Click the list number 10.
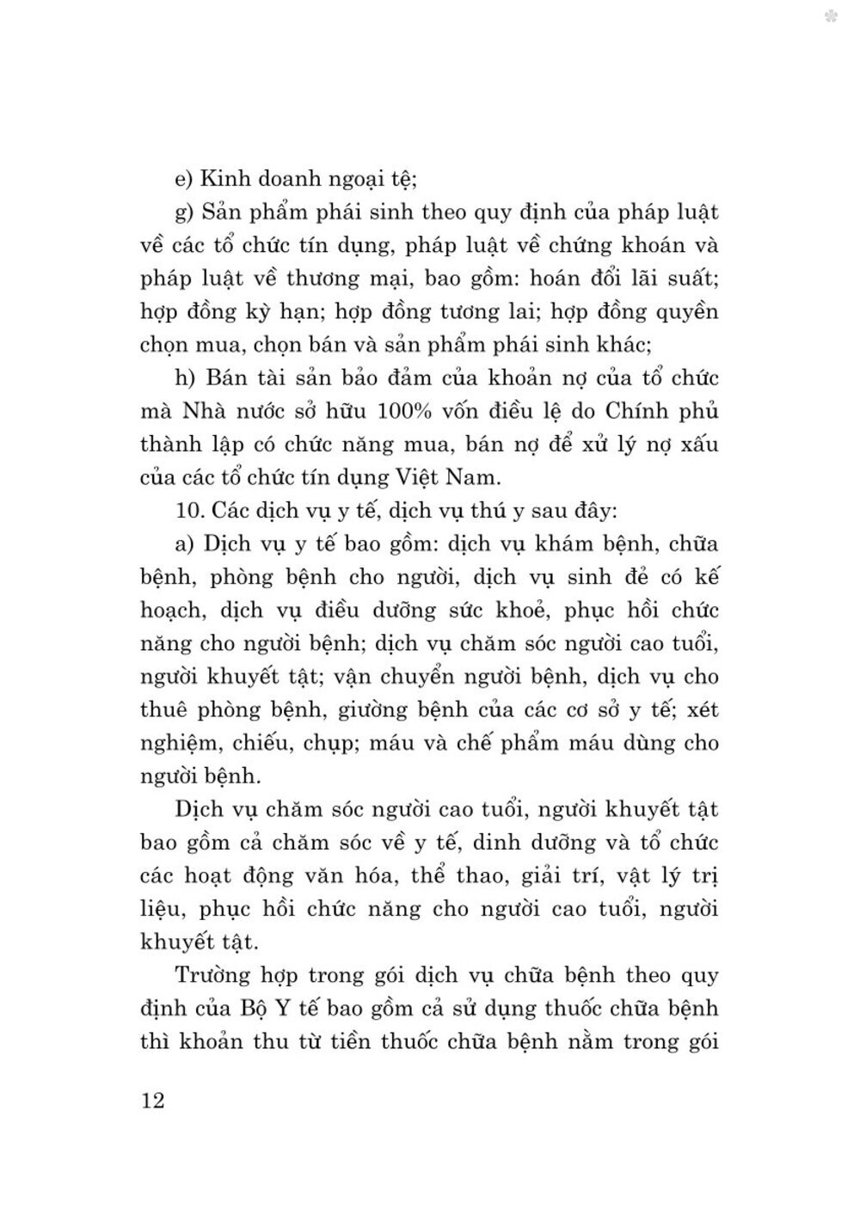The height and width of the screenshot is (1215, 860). click(x=187, y=510)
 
